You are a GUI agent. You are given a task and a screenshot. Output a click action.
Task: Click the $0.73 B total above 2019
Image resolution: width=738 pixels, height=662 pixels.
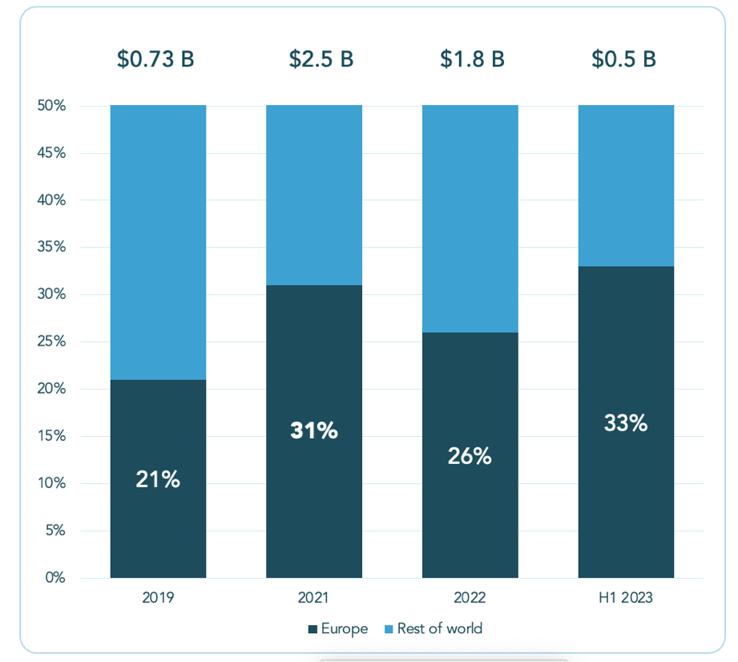(x=157, y=59)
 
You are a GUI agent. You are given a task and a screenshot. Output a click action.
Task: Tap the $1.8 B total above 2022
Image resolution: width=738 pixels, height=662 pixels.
(x=472, y=59)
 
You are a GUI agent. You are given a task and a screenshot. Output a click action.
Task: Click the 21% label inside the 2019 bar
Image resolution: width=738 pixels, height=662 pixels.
(x=158, y=480)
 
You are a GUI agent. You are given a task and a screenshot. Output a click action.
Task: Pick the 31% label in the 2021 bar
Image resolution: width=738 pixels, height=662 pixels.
(x=314, y=430)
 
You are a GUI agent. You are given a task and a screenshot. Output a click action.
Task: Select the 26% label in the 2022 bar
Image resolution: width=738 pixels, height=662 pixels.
(x=470, y=456)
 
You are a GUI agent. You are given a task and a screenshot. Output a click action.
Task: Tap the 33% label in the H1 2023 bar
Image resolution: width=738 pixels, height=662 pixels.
(x=626, y=422)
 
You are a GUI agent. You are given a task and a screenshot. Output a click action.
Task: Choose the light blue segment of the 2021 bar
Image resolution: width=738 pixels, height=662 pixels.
(x=314, y=195)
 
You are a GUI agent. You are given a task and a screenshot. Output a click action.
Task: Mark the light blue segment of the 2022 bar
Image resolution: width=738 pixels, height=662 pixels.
(x=470, y=218)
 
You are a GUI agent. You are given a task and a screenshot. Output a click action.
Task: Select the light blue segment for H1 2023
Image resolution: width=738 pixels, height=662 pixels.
(x=626, y=185)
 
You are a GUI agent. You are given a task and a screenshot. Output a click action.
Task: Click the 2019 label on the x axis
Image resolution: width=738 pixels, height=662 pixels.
(x=158, y=598)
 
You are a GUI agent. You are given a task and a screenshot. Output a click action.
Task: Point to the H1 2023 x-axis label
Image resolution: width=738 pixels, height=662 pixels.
(x=626, y=598)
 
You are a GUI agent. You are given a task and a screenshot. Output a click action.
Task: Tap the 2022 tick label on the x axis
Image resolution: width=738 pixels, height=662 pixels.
(x=470, y=598)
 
